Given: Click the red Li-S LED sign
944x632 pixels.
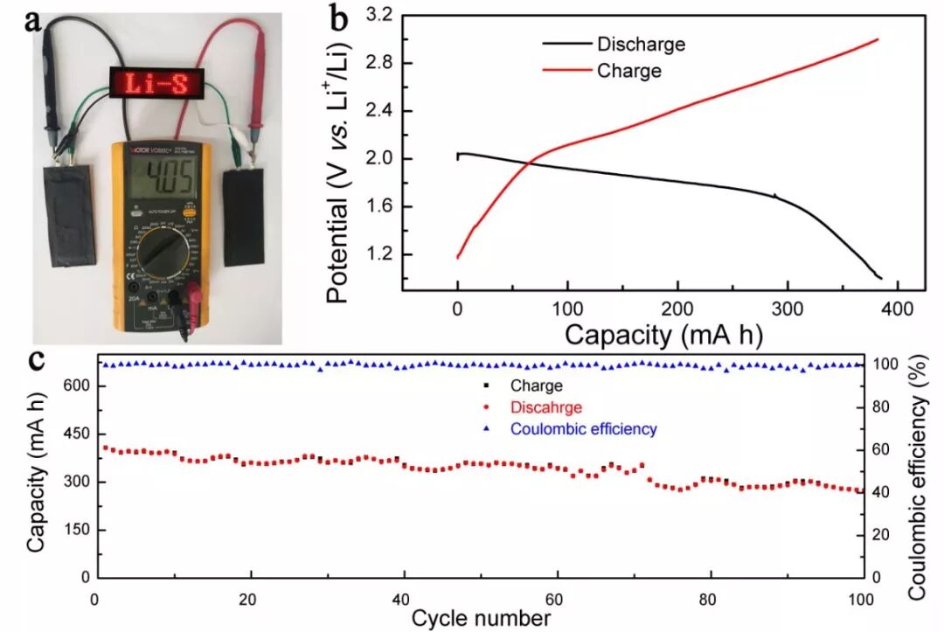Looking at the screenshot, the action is click(160, 84).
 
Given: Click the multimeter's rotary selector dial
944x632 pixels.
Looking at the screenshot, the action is click(159, 253).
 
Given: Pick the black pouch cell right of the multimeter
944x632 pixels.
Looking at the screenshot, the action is click(244, 218).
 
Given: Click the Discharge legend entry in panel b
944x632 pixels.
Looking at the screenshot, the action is click(640, 44).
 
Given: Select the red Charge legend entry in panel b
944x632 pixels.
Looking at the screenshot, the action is click(628, 71).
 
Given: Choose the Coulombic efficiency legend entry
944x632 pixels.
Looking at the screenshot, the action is click(583, 429).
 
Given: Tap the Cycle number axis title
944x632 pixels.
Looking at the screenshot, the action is click(481, 618).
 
